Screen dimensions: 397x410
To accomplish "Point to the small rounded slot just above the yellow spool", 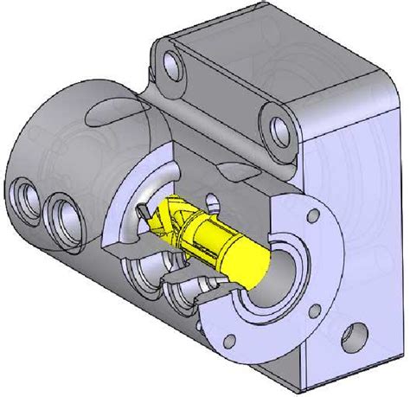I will (209, 205).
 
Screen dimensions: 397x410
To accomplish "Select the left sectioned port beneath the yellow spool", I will (143, 281).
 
